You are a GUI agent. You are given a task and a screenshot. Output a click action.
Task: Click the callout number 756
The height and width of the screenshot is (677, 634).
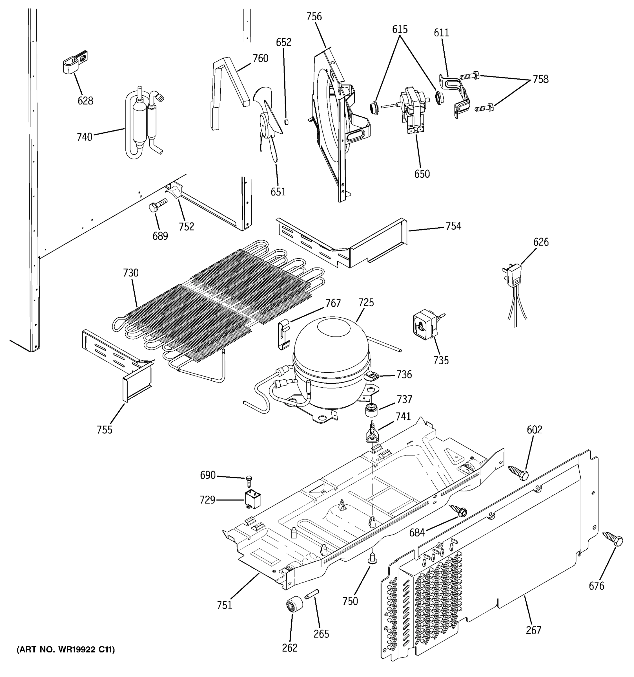(314, 16)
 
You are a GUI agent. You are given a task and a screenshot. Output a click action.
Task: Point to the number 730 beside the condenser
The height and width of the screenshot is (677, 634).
(131, 273)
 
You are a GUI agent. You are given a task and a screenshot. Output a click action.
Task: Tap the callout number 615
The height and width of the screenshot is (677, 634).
(400, 29)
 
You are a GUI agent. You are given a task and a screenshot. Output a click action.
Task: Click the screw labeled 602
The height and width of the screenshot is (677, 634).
(518, 473)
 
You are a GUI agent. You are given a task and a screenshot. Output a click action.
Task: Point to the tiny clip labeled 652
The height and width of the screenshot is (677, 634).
(286, 122)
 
